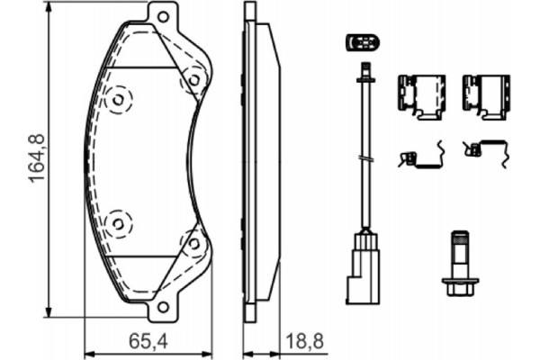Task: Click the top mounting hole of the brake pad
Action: [x=163, y=16]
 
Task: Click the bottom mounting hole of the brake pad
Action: [x=163, y=306]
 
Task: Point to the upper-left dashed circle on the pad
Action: [x=117, y=100]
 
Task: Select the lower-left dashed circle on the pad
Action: [x=117, y=220]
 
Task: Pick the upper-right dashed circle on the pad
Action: [x=193, y=80]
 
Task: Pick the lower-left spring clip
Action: [x=421, y=157]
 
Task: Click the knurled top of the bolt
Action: [x=459, y=240]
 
